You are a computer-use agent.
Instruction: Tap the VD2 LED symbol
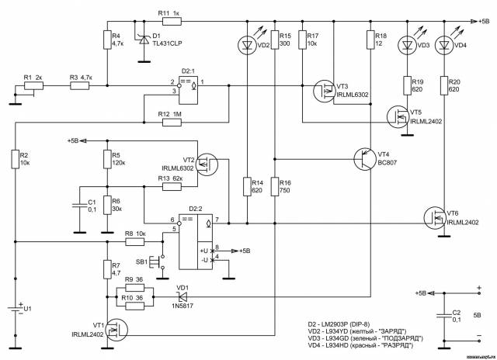tap(246, 46)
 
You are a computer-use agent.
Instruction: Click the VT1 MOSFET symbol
tap(116, 329)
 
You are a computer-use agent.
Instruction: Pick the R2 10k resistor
tap(14, 160)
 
